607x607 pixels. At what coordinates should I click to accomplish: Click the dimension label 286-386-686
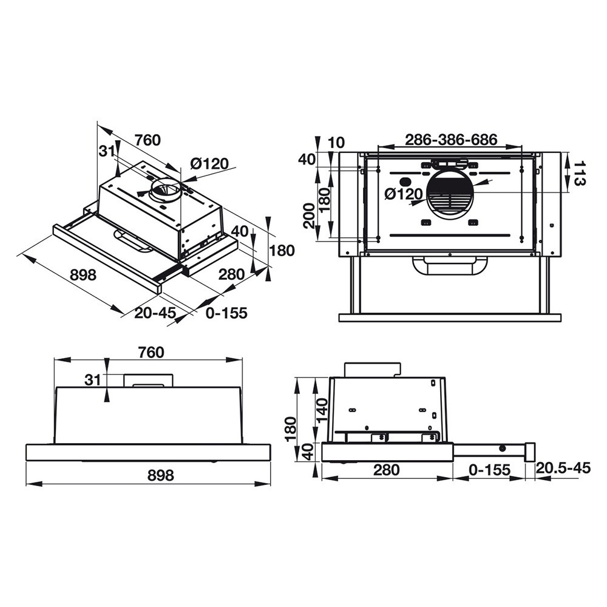451,140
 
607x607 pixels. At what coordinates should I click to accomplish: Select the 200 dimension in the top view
309,215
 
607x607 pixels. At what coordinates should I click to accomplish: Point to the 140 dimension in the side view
321,410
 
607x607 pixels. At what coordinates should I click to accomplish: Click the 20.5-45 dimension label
563,468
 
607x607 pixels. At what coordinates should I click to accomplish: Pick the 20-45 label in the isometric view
155,313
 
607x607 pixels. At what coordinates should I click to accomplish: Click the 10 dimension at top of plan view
336,143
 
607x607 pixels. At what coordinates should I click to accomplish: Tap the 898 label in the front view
161,475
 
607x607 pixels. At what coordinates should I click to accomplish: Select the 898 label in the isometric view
83,275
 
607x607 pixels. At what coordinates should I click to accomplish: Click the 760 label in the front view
151,352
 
